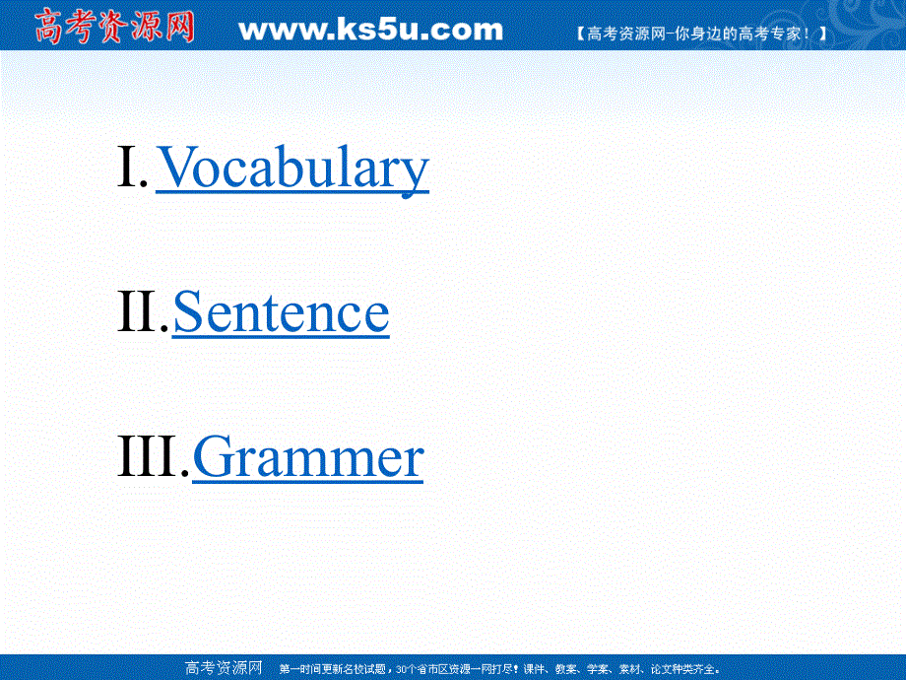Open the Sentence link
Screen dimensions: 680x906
tap(281, 312)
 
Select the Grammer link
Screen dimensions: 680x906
tap(307, 458)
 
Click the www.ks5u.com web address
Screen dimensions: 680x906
tap(370, 30)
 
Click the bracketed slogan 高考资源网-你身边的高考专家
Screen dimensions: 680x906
tap(699, 33)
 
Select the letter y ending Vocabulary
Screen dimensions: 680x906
tap(416, 172)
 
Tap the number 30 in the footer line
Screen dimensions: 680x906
tap(400, 669)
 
